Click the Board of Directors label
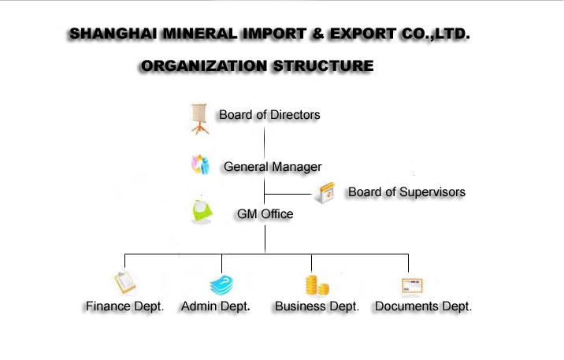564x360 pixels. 269,115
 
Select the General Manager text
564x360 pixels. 273,167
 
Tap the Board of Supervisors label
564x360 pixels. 406,192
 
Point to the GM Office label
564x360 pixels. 265,214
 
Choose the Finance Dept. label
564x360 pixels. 124,306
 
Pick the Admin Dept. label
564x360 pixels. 216,306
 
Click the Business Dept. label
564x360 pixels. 317,306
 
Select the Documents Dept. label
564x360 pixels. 423,306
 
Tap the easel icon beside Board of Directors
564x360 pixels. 199,119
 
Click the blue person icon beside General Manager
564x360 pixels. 200,165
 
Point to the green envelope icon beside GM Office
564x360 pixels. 202,211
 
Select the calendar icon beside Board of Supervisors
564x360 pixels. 325,192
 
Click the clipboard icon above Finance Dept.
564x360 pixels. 124,282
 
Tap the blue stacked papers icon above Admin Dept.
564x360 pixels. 221,285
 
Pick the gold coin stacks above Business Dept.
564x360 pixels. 317,285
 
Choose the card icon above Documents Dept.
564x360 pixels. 412,286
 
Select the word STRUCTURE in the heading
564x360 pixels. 323,66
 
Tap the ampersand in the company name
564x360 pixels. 317,34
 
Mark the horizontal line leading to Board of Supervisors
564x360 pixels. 288,195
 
